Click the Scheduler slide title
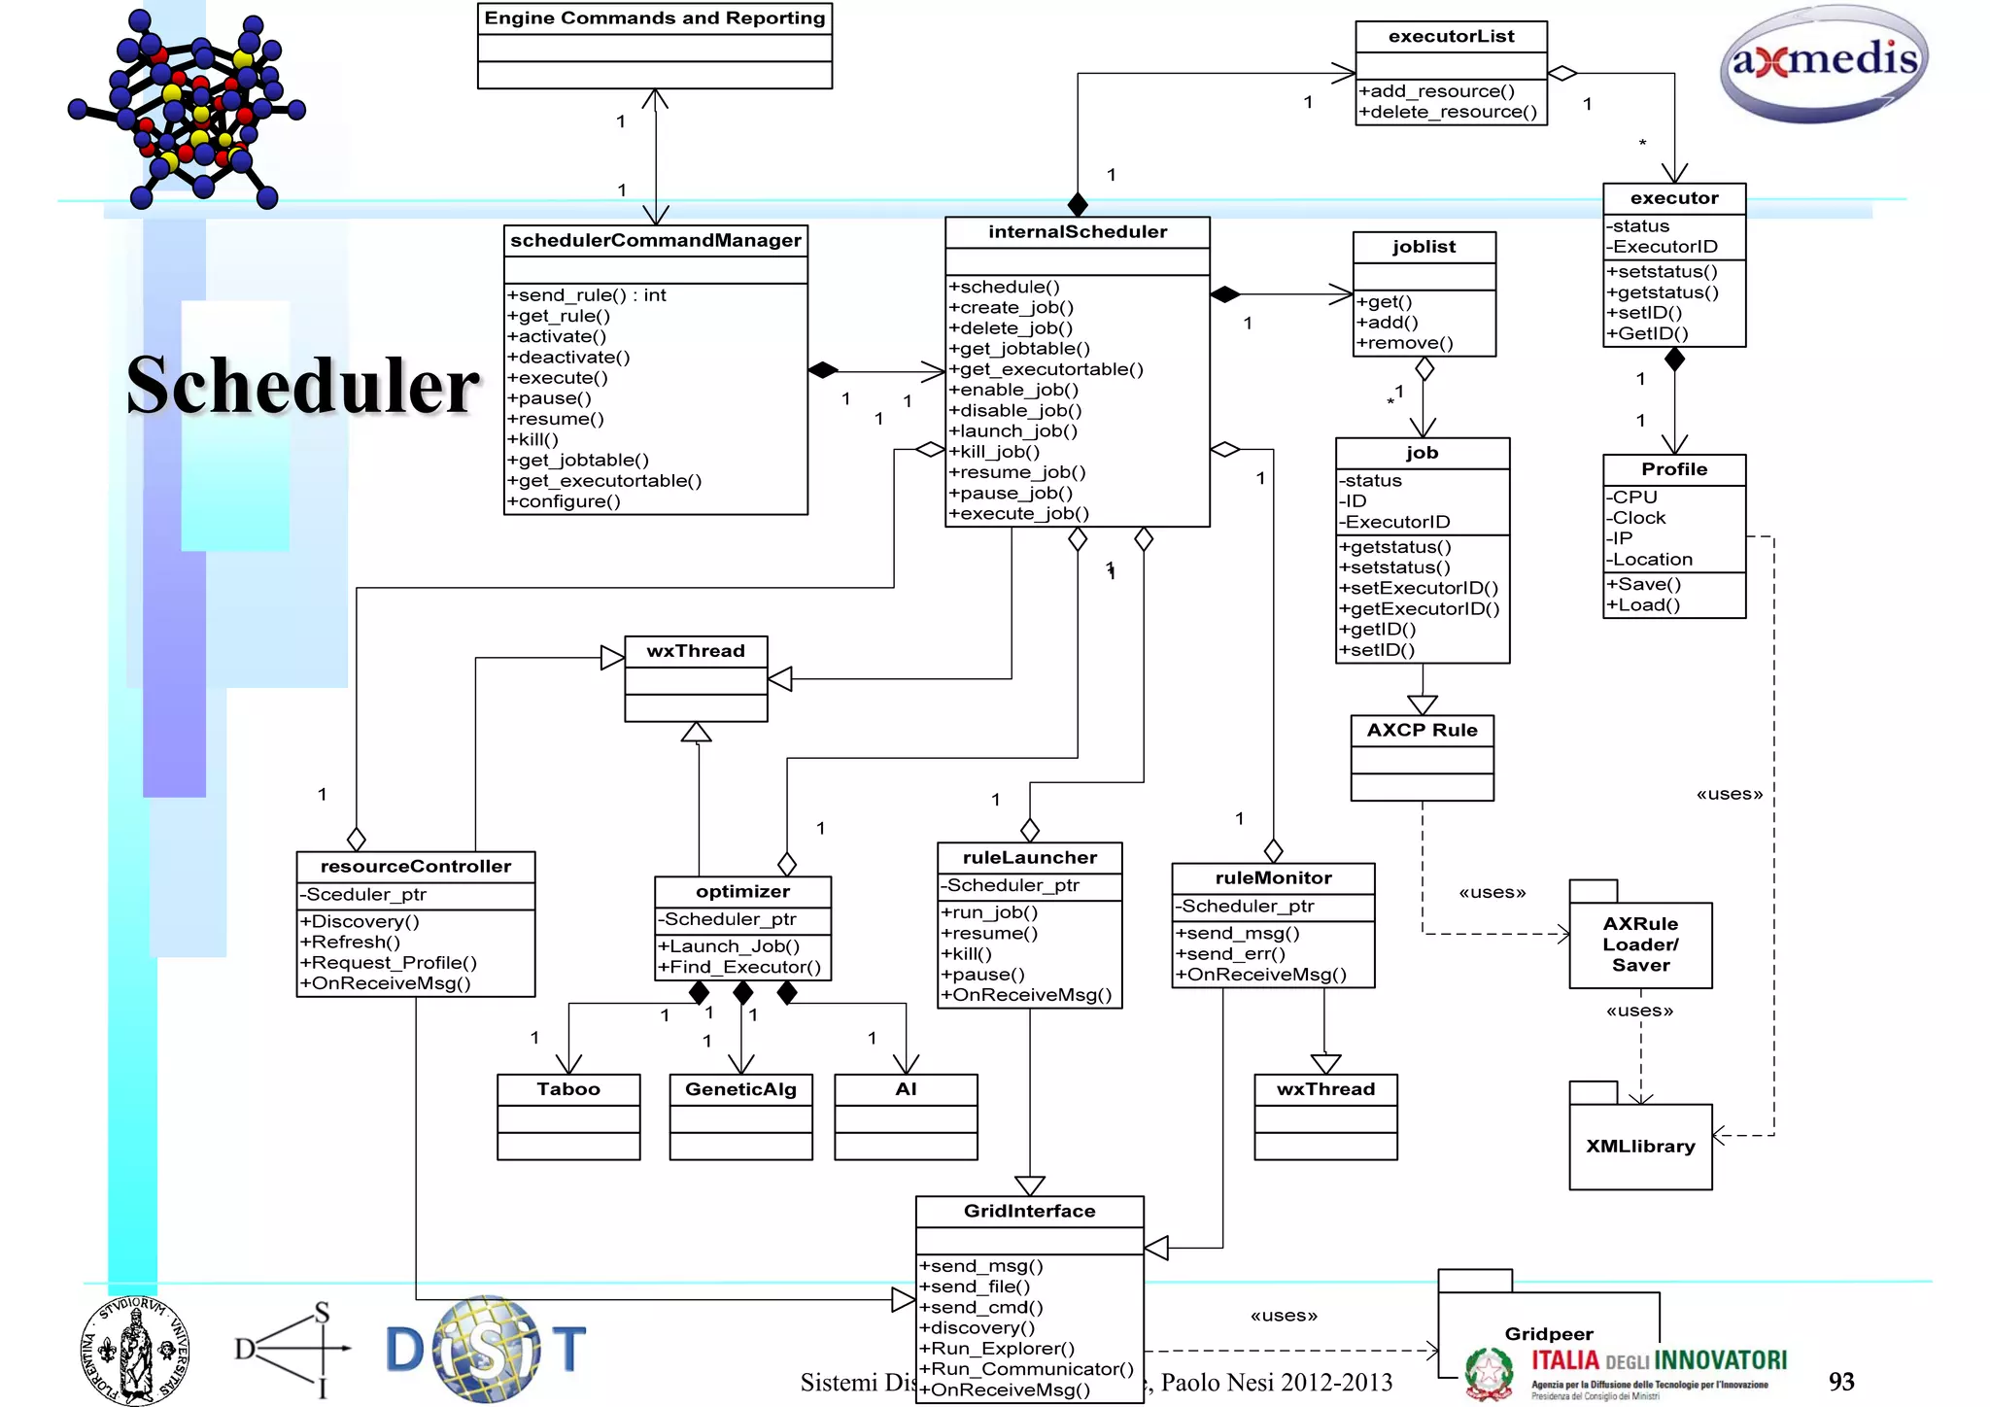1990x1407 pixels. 302,387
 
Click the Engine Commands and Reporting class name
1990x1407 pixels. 654,18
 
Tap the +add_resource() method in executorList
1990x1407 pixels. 1437,91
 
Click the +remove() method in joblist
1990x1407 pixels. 1405,343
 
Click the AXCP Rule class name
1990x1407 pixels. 1422,731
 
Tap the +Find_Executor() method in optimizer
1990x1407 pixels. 739,967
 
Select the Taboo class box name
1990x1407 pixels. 568,1089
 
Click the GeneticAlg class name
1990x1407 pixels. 740,1089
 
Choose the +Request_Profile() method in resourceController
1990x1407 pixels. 389,963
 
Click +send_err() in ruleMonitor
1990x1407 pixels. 1230,954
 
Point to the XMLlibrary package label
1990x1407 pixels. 1640,1147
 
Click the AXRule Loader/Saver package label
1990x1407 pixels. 1640,944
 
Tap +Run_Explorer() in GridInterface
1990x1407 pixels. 997,1349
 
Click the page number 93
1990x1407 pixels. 1840,1382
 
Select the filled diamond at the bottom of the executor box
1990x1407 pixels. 1674,360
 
